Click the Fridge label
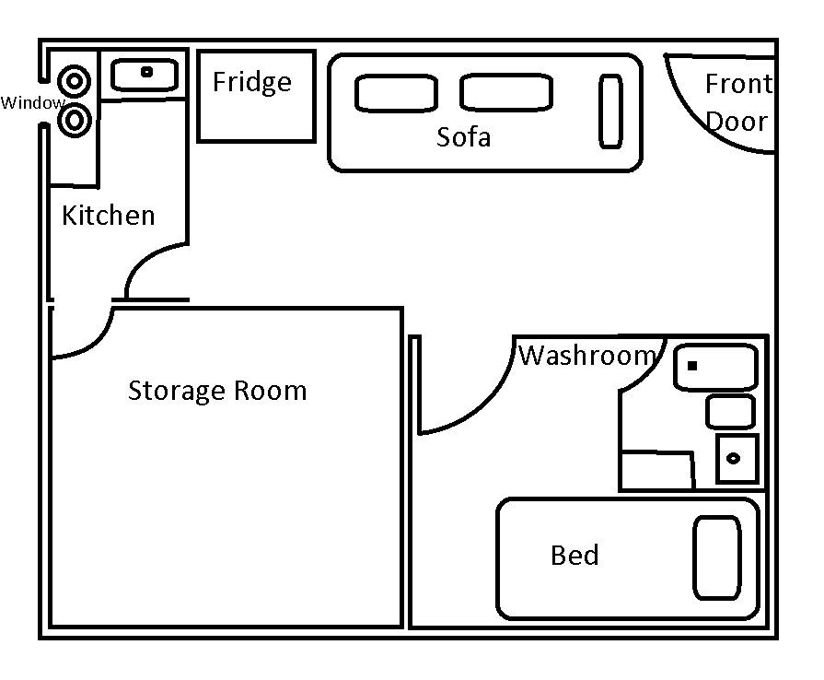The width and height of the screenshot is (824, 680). click(251, 83)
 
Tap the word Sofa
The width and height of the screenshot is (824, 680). click(463, 137)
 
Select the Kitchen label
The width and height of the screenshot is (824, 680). click(108, 216)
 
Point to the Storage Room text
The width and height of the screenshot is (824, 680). click(216, 391)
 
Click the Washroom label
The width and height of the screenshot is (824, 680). click(587, 356)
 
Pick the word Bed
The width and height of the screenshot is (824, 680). click(574, 556)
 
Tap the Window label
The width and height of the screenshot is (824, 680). click(32, 103)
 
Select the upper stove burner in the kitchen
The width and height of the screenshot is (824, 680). click(74, 81)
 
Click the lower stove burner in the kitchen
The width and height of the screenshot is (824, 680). click(74, 120)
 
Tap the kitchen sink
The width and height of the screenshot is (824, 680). click(145, 74)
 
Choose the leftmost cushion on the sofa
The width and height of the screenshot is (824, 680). click(396, 93)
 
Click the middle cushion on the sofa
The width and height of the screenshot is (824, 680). click(506, 92)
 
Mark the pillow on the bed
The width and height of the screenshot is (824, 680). click(717, 558)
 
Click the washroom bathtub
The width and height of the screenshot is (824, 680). click(715, 367)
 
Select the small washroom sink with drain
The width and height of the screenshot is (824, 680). click(737, 459)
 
